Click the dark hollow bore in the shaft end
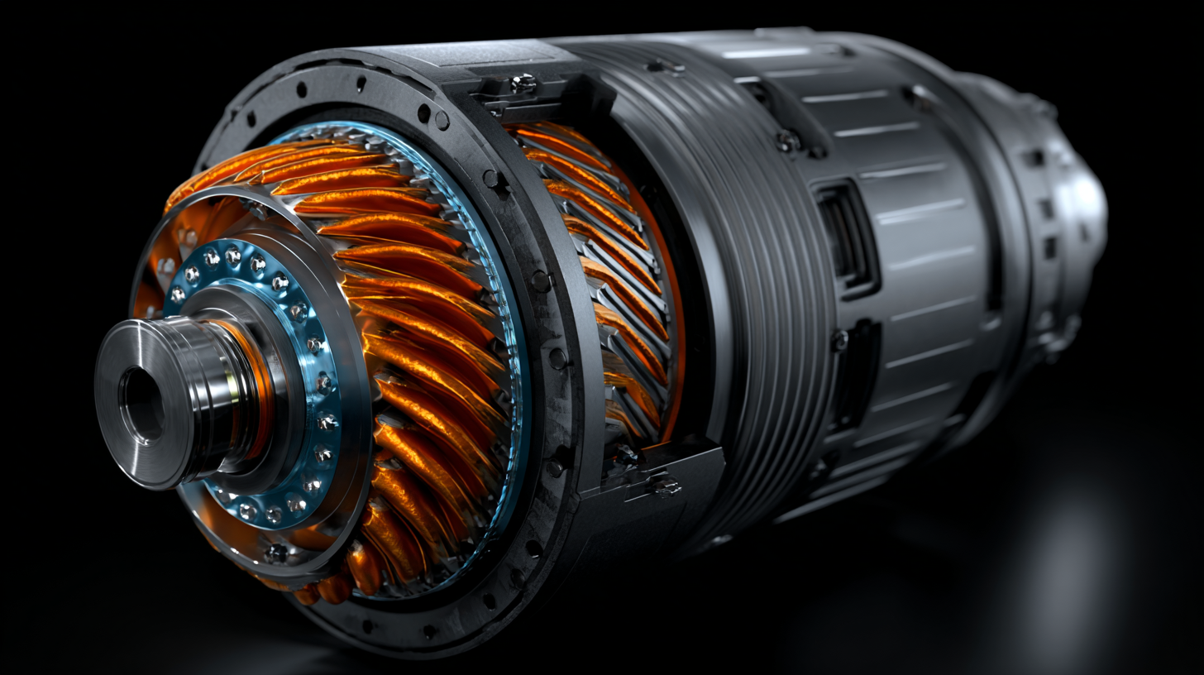[142, 405]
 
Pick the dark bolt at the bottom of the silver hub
[275, 553]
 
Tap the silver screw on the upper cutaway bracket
[523, 83]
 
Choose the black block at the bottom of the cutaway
[653, 472]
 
